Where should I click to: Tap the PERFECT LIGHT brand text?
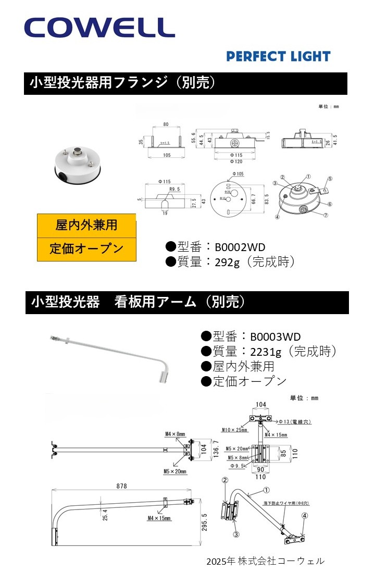click(x=278, y=56)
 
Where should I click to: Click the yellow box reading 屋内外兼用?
click(x=86, y=225)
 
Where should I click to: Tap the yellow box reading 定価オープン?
click(x=86, y=248)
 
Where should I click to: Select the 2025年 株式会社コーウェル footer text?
click(x=265, y=561)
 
